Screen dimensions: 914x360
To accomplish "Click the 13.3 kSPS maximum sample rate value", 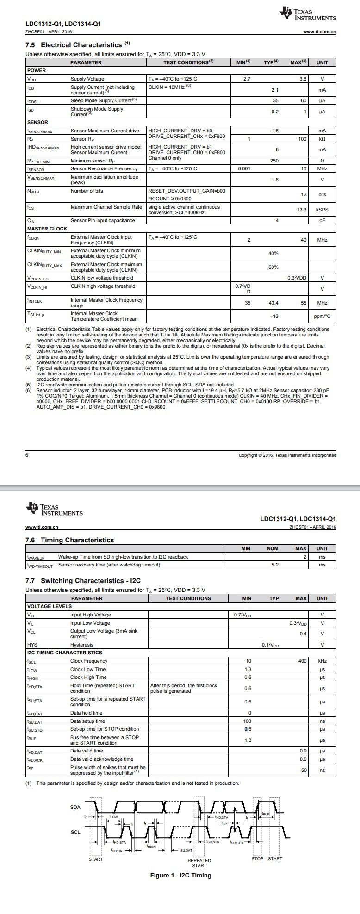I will click(302, 210).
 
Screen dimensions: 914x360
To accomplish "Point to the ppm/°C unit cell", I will click(322, 316).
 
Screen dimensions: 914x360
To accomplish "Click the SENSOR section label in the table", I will click(37, 122).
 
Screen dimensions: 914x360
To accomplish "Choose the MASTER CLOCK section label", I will click(47, 229).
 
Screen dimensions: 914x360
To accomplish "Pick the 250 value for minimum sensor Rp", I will click(275, 161).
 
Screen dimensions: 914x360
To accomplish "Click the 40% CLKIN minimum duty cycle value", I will click(273, 253).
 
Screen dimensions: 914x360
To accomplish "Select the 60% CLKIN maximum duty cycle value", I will click(273, 267).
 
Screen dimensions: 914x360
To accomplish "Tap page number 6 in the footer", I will click(27, 455).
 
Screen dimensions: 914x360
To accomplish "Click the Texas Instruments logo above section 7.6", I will click(55, 509).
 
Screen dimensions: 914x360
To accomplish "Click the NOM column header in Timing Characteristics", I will click(273, 548).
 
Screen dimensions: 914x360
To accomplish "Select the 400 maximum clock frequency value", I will click(302, 661).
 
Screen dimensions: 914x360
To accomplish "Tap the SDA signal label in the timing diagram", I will click(75, 807).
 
